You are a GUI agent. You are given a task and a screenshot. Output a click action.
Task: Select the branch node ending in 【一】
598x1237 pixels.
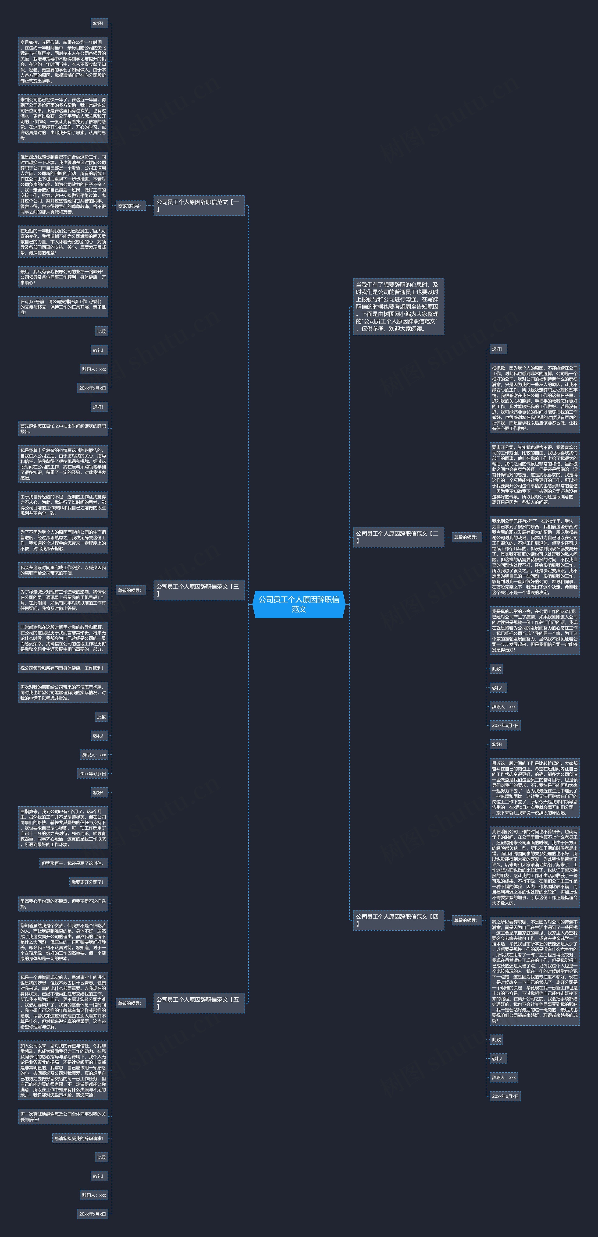tap(199, 206)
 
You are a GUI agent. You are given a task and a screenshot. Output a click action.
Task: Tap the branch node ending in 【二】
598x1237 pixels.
tap(398, 537)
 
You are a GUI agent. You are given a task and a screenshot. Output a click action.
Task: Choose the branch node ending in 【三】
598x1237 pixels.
tap(199, 590)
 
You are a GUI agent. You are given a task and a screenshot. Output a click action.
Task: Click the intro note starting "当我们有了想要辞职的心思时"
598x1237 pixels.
tap(398, 306)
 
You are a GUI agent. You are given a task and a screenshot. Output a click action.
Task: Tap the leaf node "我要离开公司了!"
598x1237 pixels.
tap(88, 882)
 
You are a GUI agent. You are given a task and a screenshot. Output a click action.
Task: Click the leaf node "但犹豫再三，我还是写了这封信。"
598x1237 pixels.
tap(74, 863)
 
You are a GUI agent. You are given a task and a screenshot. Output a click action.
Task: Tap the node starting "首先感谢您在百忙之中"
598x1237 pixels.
tap(63, 429)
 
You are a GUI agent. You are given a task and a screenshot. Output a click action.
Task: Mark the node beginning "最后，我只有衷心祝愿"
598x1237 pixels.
tap(63, 277)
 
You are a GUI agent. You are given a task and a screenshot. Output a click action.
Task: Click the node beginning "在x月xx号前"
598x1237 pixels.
tap(63, 307)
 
